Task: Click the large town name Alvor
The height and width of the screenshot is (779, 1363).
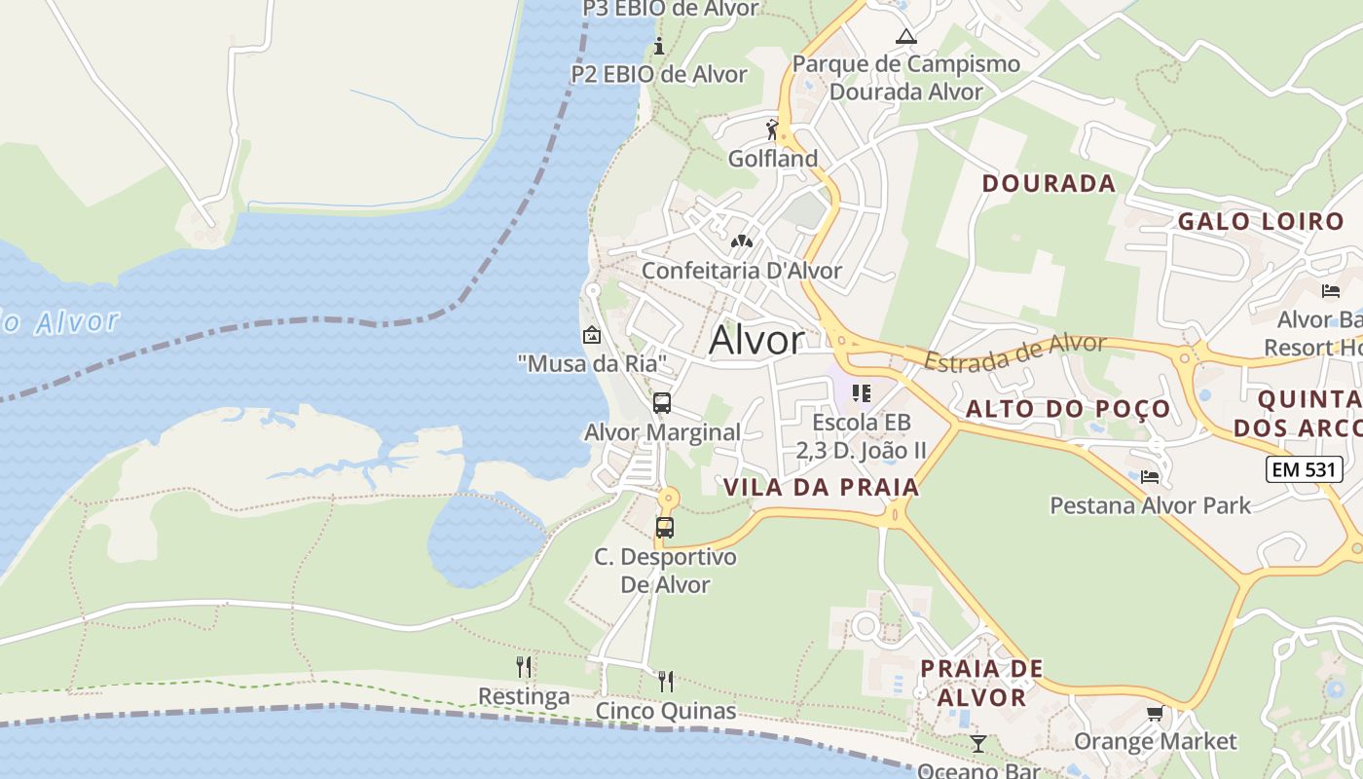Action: tap(756, 340)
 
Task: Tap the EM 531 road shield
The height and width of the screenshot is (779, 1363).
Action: tap(1305, 469)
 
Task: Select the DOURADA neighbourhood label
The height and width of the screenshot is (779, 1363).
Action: tap(1049, 183)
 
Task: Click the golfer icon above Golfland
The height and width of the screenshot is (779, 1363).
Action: tap(773, 130)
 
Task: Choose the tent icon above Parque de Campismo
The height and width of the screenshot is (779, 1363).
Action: tap(906, 37)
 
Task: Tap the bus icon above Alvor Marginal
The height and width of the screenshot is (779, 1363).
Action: tap(662, 402)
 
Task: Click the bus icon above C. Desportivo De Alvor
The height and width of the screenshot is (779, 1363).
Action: tap(665, 528)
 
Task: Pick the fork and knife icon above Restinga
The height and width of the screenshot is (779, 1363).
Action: tap(524, 667)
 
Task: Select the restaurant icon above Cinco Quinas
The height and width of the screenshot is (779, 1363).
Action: tap(666, 681)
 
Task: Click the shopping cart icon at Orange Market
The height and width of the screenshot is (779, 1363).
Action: tap(1156, 714)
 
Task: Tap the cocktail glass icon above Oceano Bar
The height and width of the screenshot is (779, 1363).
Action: tap(978, 744)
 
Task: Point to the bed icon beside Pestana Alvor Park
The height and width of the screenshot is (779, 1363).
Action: tap(1150, 477)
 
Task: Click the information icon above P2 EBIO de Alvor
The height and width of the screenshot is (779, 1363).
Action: tap(659, 46)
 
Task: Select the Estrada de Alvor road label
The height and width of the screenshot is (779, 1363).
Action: tap(1014, 352)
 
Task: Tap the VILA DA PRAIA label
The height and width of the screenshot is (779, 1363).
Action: tap(822, 488)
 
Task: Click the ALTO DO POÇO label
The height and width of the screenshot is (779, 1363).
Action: tap(1067, 409)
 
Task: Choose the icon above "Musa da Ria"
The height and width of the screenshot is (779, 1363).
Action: tap(591, 336)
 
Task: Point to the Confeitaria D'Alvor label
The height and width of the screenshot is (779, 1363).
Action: tap(741, 271)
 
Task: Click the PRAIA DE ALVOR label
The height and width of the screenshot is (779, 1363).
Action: tap(981, 683)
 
